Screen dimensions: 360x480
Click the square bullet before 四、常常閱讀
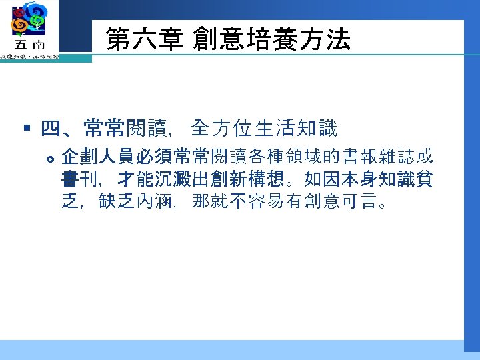point(27,126)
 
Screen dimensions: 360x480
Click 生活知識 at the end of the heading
point(307,127)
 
